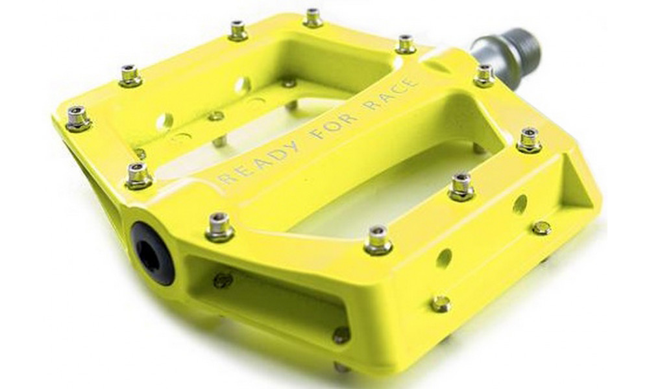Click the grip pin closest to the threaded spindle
[x=484, y=74]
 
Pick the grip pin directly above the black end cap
[x=219, y=226]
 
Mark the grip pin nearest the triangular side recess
[x=529, y=139]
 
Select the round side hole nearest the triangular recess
[x=520, y=204]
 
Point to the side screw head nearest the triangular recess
[x=541, y=228]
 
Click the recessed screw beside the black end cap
[x=223, y=280]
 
